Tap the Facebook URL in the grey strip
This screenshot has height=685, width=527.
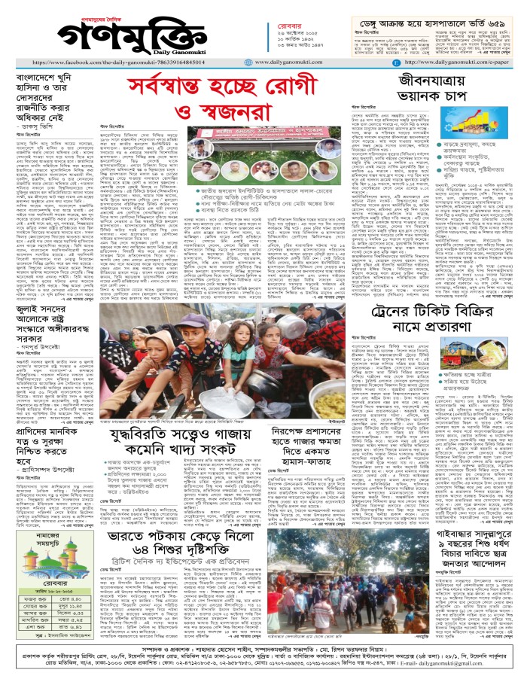click(x=128, y=63)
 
